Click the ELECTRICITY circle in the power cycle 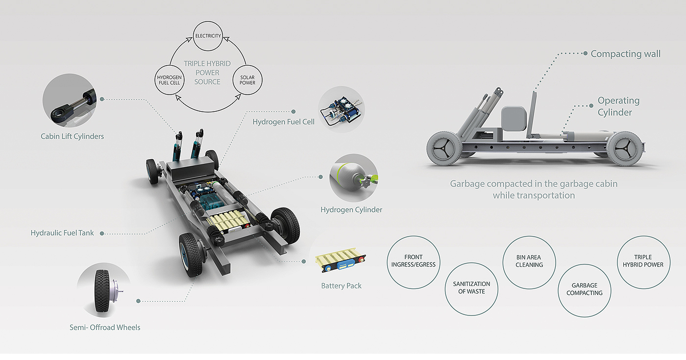pos(208,36)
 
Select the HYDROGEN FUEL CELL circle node pos(170,80)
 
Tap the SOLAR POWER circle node pos(247,80)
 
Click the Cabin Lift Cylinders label pos(72,136)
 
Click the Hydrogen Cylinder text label pos(351,210)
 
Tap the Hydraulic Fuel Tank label pos(62,233)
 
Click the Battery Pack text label pos(341,286)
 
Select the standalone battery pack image pos(342,264)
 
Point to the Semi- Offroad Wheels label pos(105,327)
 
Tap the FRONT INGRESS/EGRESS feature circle pos(414,261)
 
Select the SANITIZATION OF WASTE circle pos(471,288)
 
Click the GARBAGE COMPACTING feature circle pos(585,289)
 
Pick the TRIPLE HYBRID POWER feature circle pos(643,261)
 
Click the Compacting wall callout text pos(625,54)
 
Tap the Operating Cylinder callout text pos(618,106)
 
